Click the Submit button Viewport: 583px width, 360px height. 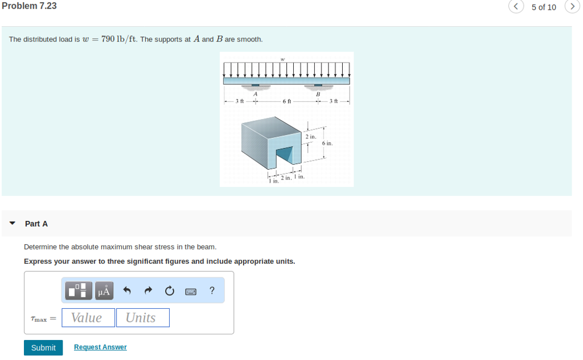pos(43,347)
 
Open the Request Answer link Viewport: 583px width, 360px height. pos(100,347)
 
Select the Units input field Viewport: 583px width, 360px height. pos(142,318)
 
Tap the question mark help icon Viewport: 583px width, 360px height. pos(212,291)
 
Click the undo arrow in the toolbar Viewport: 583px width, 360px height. pos(127,291)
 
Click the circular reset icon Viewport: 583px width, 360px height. pos(169,291)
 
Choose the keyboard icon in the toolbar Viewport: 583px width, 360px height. pos(191,291)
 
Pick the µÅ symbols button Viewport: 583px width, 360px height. pos(103,291)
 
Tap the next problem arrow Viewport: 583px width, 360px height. pos(572,7)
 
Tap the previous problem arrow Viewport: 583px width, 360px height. pos(516,7)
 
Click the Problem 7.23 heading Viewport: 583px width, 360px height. pos(29,6)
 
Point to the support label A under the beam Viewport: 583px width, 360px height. pos(256,94)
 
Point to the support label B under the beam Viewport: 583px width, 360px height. pos(318,94)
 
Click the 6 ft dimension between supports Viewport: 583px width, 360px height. pos(287,101)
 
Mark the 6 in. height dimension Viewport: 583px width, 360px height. pos(327,144)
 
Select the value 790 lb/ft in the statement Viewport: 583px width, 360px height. pos(118,39)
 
